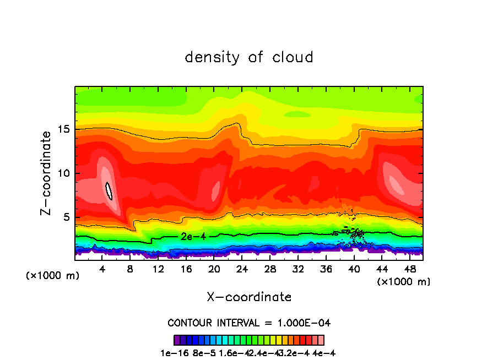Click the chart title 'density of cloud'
[x=249, y=57]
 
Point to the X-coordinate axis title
[x=249, y=297]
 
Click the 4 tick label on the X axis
[x=102, y=269]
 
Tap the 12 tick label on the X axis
[x=158, y=269]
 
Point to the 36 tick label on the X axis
[x=326, y=269]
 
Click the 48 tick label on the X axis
[x=409, y=269]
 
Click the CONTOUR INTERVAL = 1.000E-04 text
[x=249, y=323]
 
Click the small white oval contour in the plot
[x=109, y=190]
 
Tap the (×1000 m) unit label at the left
[x=53, y=276]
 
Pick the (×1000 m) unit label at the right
[x=404, y=282]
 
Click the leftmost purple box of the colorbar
[x=177, y=340]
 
